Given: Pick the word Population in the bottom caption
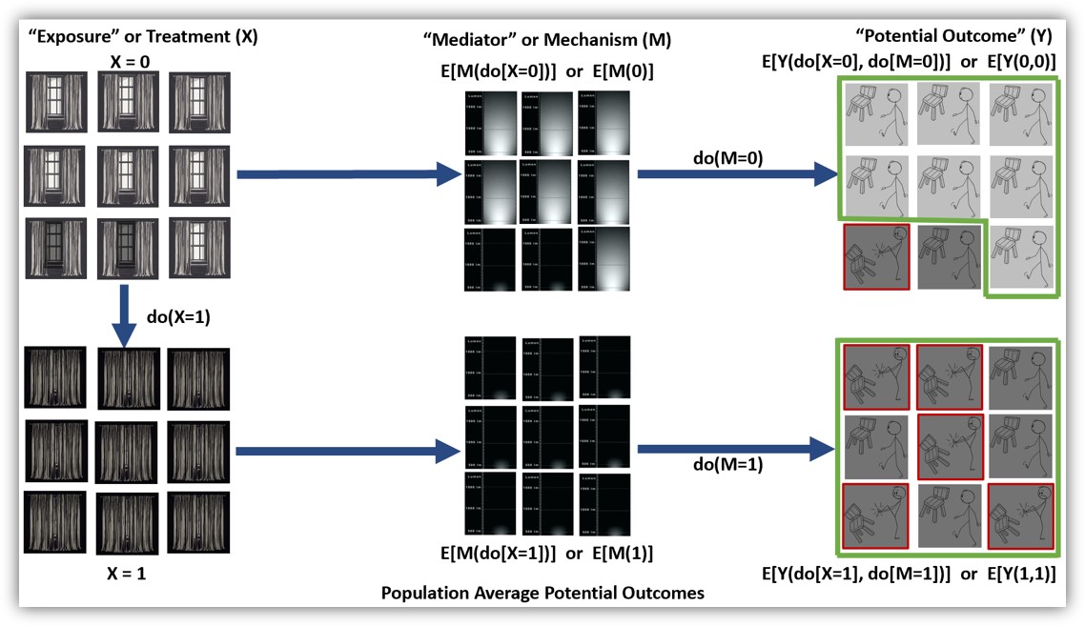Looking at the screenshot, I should (x=423, y=593).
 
